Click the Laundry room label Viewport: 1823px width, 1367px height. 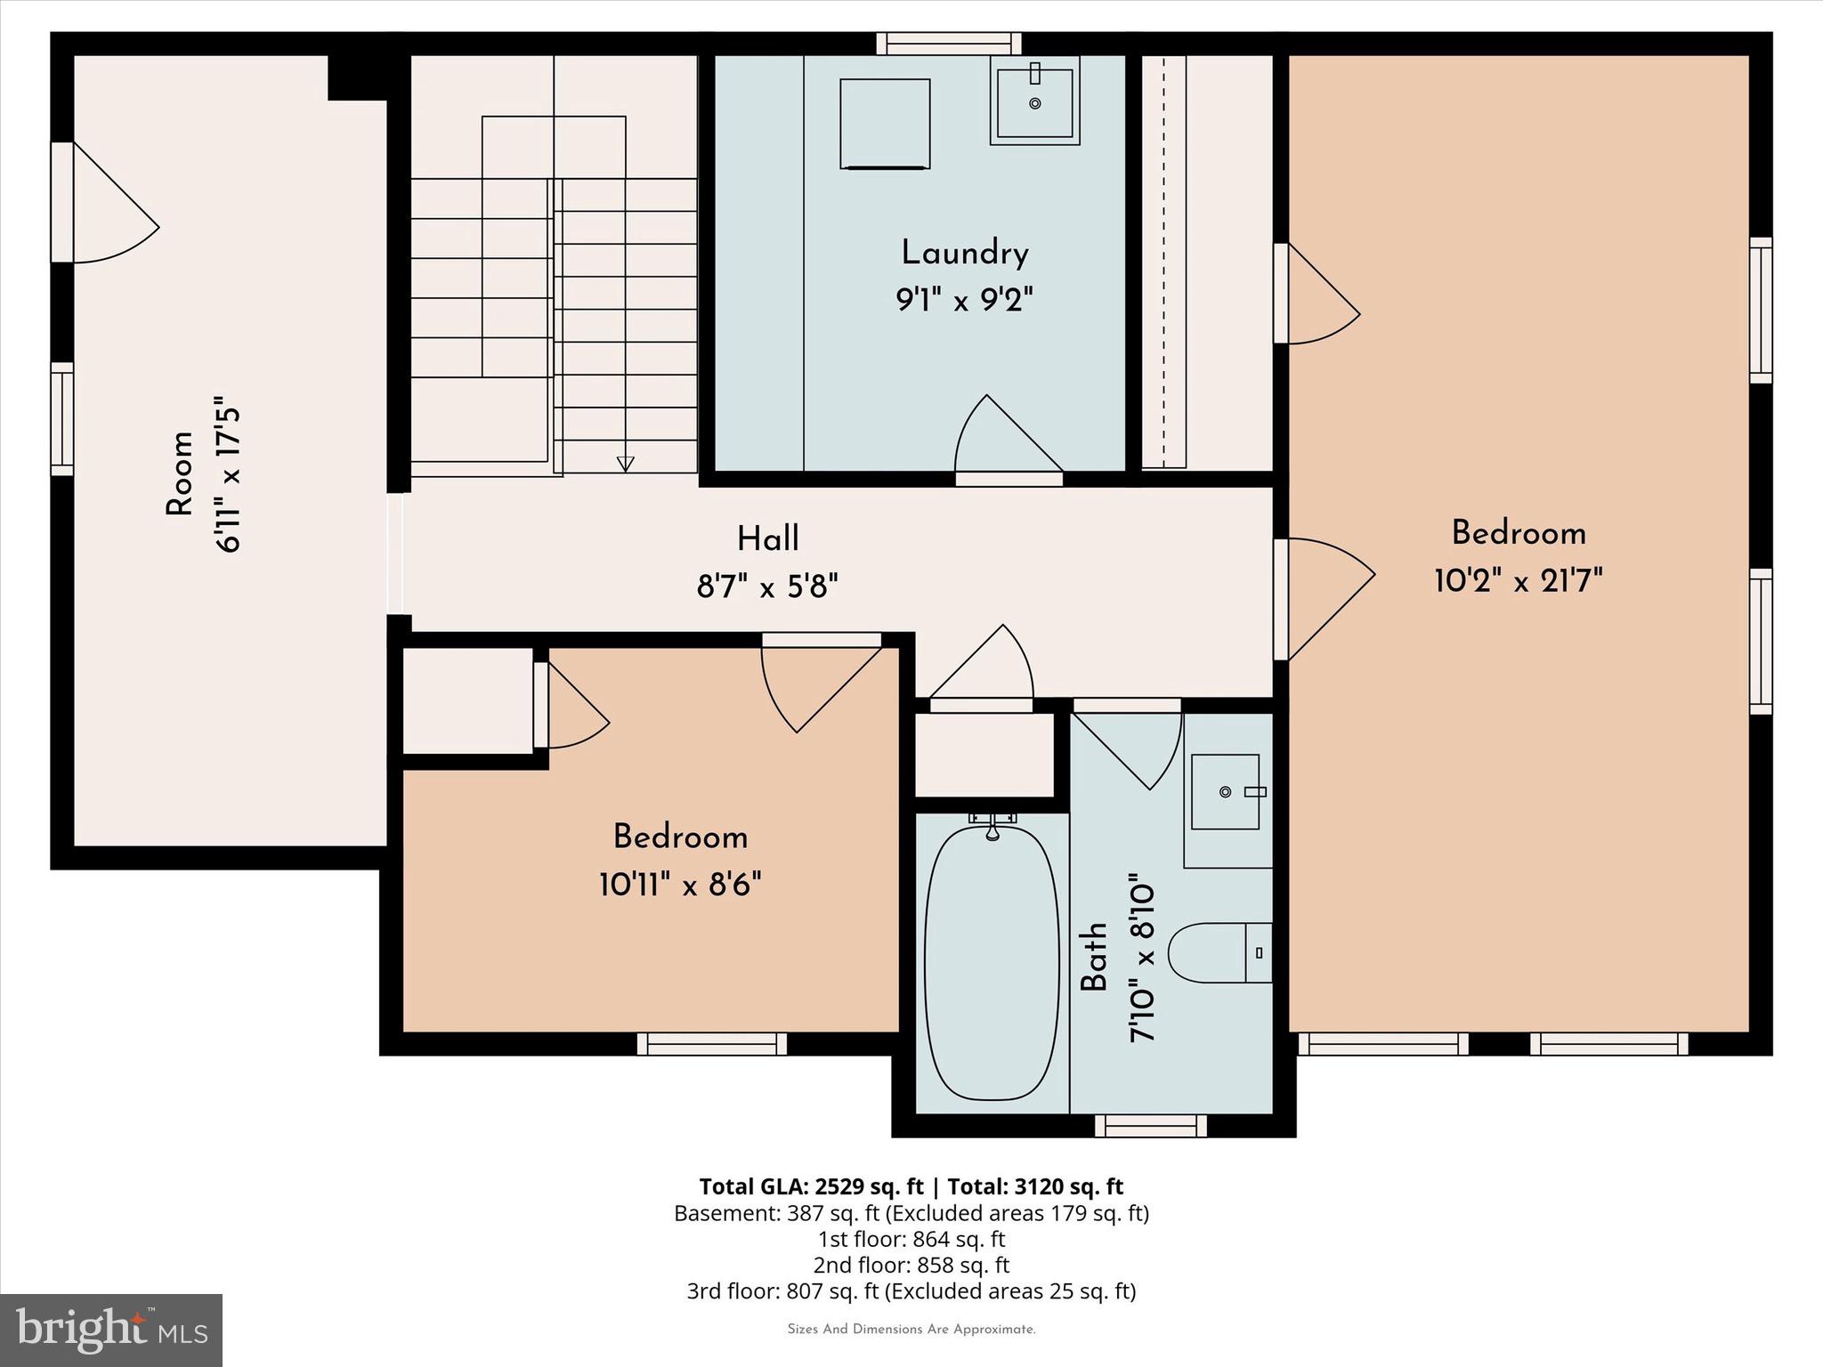[x=964, y=254]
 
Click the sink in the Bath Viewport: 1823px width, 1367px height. [x=1226, y=791]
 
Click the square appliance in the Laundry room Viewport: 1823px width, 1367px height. [x=885, y=123]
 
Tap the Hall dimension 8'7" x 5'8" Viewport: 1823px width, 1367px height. [x=767, y=586]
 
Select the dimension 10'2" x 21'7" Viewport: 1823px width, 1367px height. [x=1519, y=582]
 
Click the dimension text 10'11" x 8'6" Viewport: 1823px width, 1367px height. [x=680, y=886]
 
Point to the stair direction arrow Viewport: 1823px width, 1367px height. [x=625, y=463]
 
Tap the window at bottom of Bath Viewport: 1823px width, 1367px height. [x=1150, y=1126]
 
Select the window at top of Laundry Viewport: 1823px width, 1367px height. [x=948, y=44]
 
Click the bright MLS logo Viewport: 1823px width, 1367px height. [x=111, y=1330]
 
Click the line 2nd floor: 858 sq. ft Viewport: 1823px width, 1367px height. [x=911, y=1265]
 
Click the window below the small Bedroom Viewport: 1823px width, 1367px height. [x=712, y=1044]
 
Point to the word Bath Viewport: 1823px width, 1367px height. [x=1094, y=957]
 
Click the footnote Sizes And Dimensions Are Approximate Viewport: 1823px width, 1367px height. [x=911, y=1330]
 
